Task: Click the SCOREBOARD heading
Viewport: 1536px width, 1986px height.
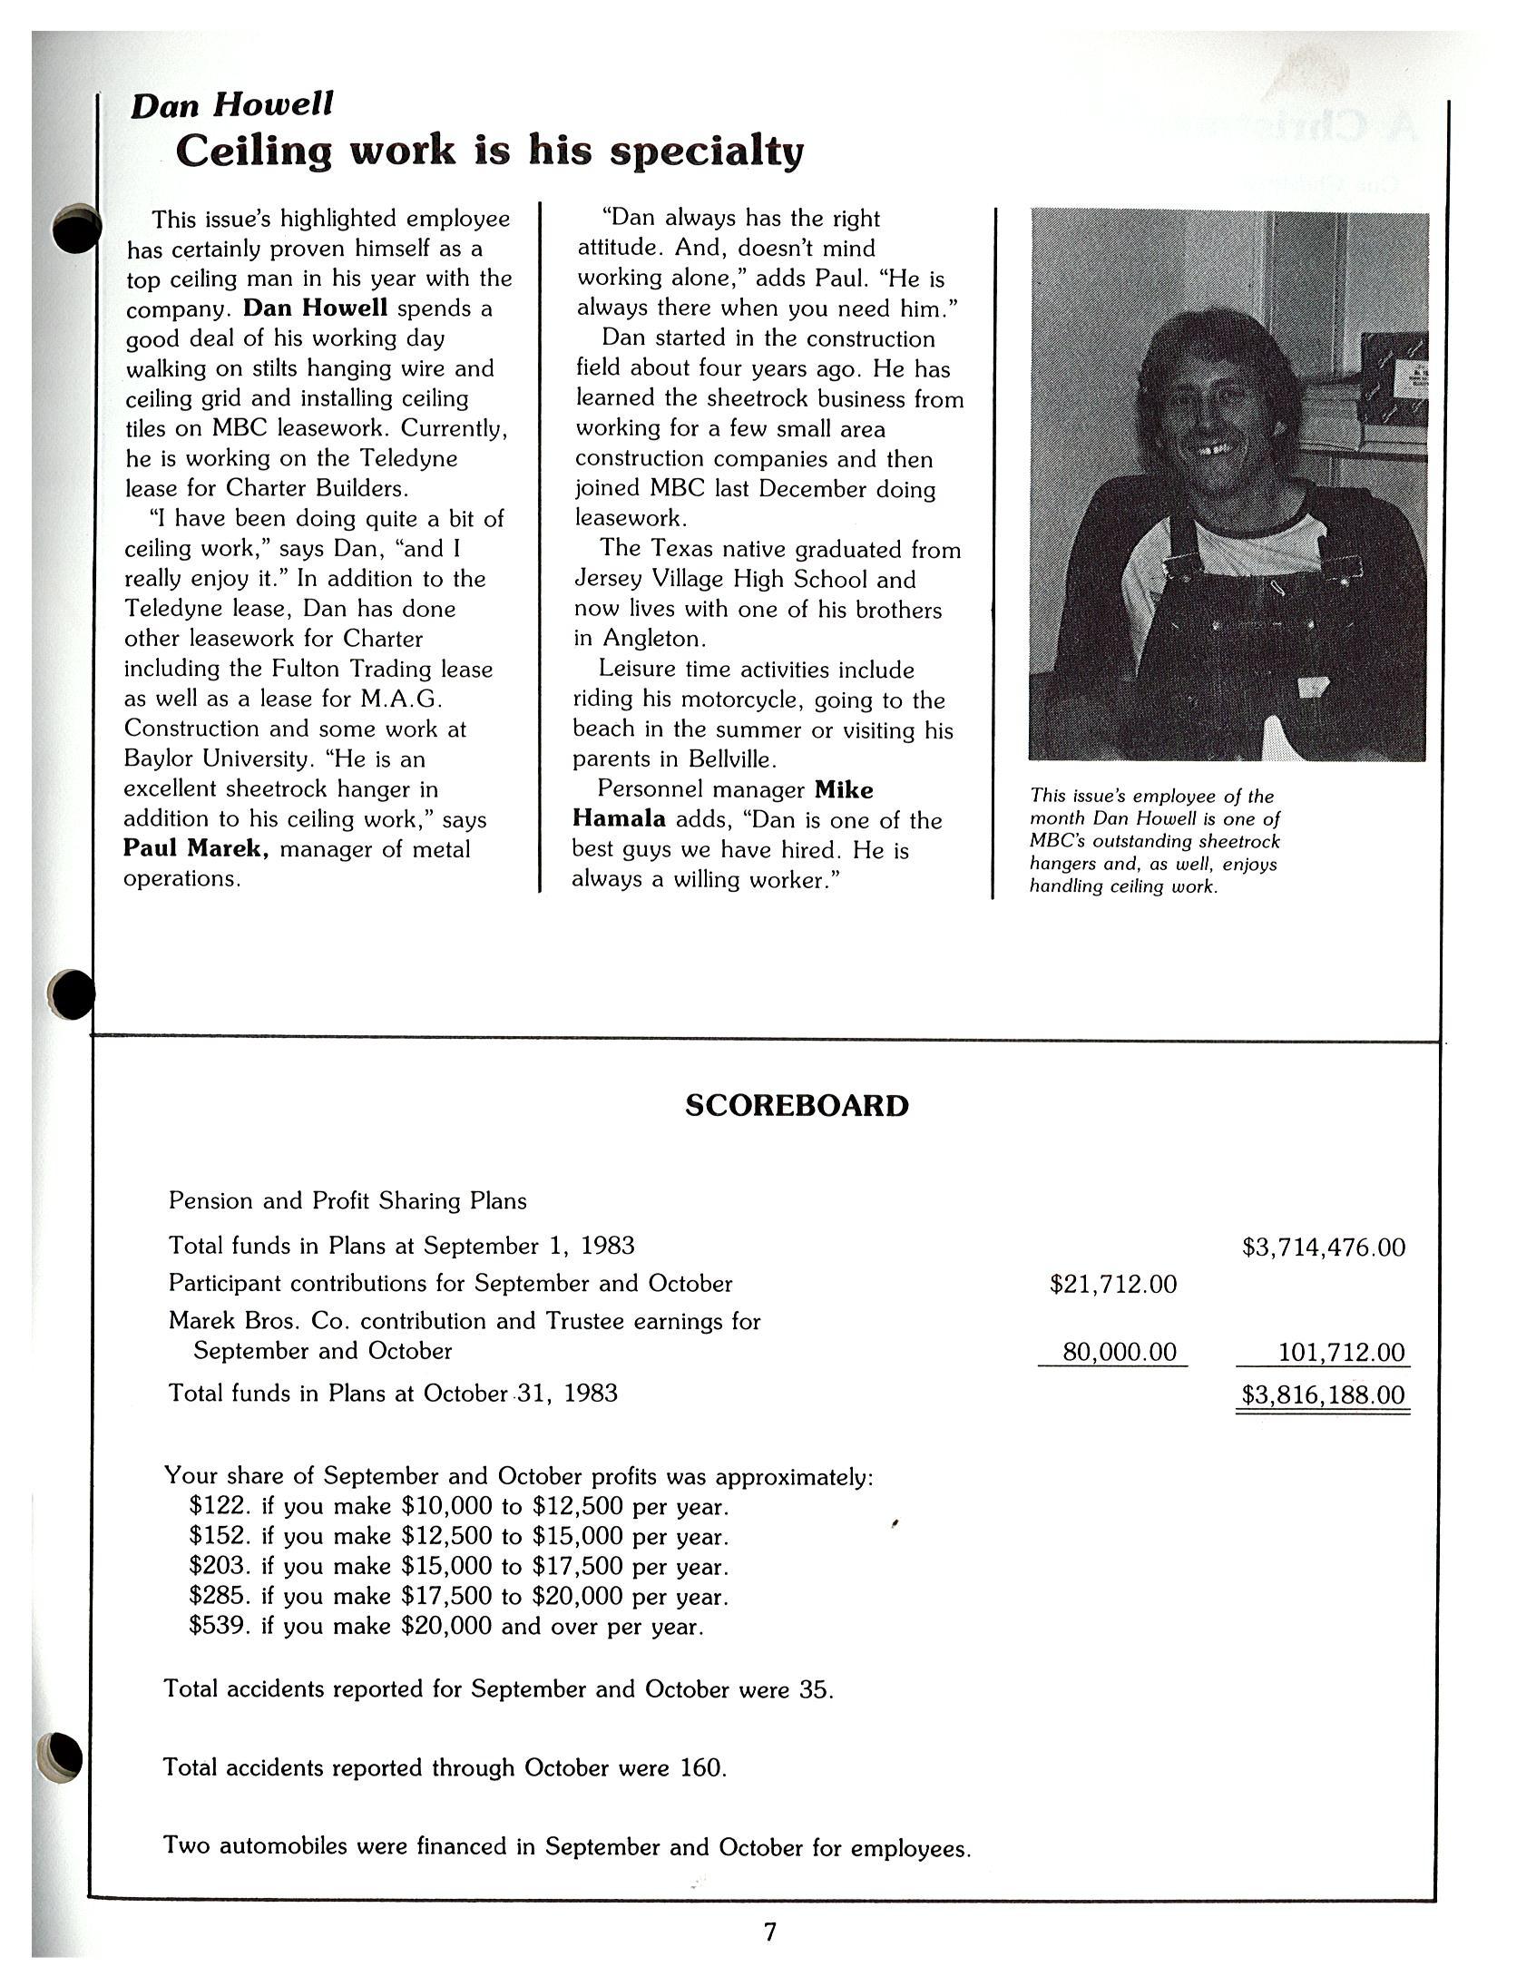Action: click(x=796, y=1105)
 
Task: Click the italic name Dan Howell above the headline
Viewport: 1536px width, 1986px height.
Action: click(x=232, y=105)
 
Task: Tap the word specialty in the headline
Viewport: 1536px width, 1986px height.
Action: click(x=707, y=151)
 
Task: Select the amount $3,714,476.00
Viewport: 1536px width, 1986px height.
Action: click(x=1323, y=1247)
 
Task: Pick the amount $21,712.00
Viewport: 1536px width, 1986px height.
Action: click(x=1112, y=1284)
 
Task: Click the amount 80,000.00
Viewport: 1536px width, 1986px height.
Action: click(x=1119, y=1351)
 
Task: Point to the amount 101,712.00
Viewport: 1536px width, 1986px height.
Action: click(x=1340, y=1352)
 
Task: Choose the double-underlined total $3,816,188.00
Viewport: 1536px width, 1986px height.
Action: click(x=1323, y=1394)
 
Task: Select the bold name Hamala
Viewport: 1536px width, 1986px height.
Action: click(x=619, y=818)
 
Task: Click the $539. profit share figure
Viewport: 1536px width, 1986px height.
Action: click(x=220, y=1625)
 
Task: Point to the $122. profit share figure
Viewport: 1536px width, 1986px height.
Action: click(x=220, y=1506)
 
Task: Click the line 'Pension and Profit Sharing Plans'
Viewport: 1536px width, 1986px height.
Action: click(x=347, y=1200)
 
